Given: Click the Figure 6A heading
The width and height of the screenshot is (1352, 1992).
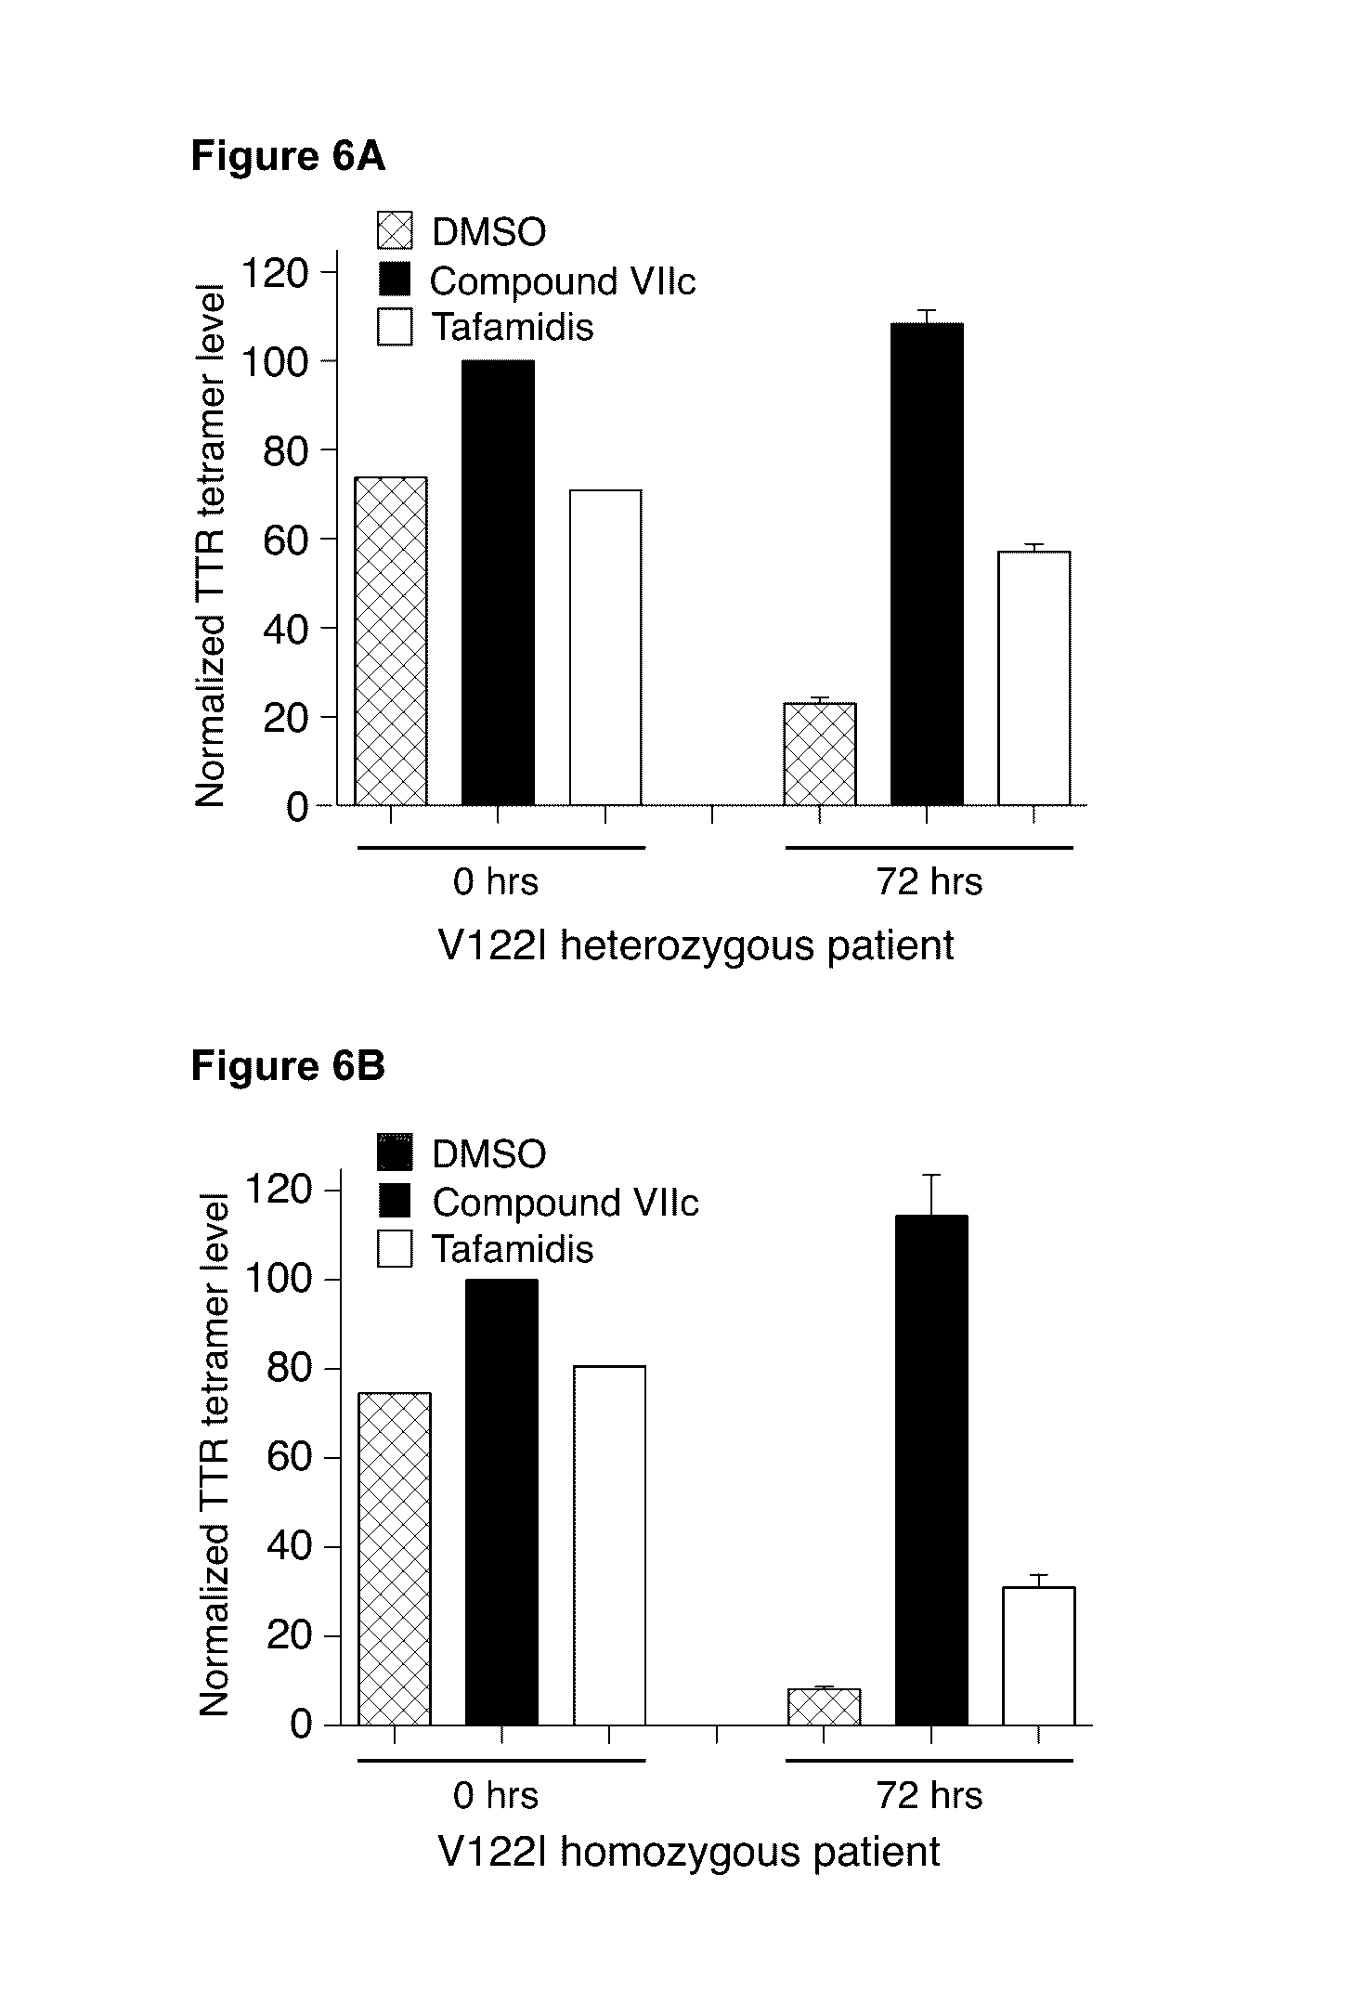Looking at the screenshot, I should [288, 156].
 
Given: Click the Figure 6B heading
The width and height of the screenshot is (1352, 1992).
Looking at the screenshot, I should [288, 1066].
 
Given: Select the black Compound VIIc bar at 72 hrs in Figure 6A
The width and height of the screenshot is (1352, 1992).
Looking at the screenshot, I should [927, 564].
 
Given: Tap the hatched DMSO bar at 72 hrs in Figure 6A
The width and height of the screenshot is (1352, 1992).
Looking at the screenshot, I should [820, 754].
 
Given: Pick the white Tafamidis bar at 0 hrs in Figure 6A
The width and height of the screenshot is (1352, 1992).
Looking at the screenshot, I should [605, 647].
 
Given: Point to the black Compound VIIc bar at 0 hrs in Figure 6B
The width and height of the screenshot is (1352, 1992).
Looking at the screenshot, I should [501, 1502].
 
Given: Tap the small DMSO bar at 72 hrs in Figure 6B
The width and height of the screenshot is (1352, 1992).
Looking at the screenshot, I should [824, 1707].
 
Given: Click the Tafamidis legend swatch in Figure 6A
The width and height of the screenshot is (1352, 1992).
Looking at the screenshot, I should [395, 328].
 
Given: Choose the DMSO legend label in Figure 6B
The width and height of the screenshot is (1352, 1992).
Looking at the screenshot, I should [488, 1154].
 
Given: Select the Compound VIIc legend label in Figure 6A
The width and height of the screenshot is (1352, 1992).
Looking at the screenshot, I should [563, 280].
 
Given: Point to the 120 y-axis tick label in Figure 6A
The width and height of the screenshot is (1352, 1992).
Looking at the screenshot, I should [274, 272].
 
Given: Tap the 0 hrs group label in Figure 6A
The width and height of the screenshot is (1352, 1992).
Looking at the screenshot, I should [495, 881].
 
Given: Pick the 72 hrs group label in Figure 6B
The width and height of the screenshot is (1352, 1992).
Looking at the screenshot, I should [929, 1795].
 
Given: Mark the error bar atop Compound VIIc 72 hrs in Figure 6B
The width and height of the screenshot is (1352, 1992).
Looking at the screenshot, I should [931, 1195].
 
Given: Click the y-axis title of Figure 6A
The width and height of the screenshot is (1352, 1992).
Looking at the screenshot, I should [210, 546].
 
